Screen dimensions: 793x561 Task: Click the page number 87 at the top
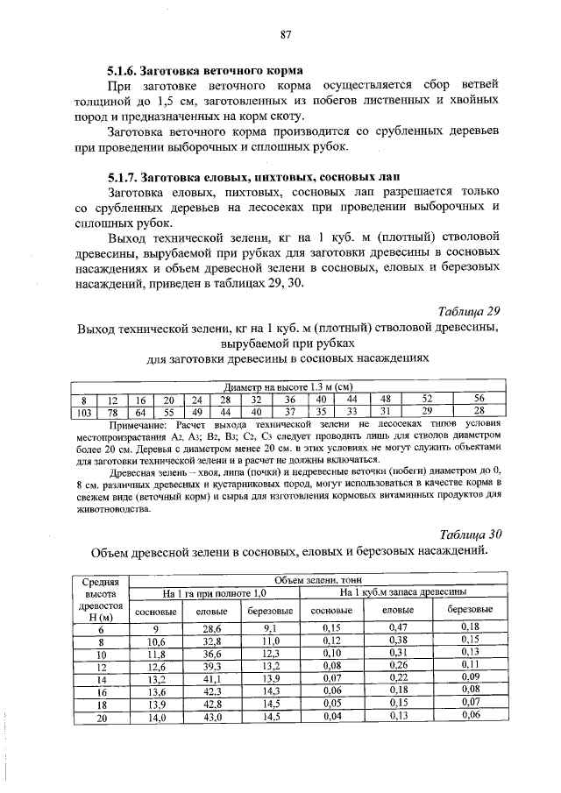(285, 35)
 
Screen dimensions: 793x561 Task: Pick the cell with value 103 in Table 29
(84, 412)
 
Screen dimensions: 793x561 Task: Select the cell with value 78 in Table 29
(112, 412)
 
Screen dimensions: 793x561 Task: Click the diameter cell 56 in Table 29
(479, 399)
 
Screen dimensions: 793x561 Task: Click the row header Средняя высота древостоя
(100, 600)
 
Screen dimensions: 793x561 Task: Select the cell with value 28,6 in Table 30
(212, 628)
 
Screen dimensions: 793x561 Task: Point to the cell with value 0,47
(399, 628)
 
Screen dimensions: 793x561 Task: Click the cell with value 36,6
(212, 654)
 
